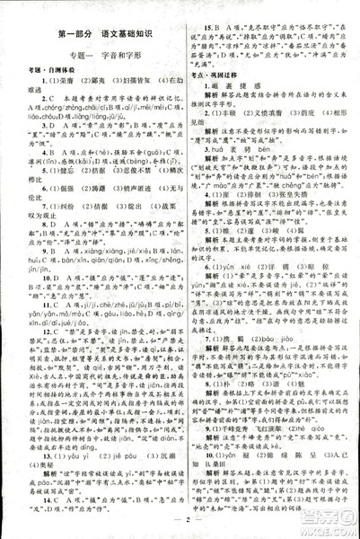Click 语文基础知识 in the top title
(x=126, y=36)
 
